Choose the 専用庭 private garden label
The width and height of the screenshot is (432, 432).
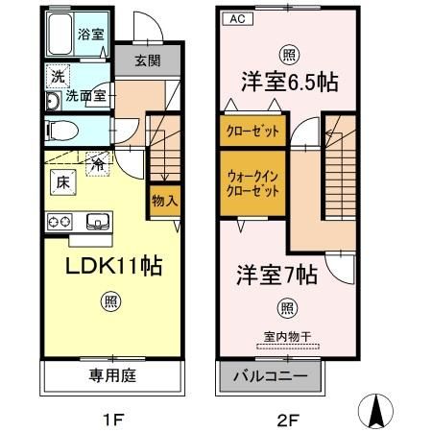coord(112,375)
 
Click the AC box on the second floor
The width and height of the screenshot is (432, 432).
coord(235,19)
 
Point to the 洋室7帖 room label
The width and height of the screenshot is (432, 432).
coord(277,276)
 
